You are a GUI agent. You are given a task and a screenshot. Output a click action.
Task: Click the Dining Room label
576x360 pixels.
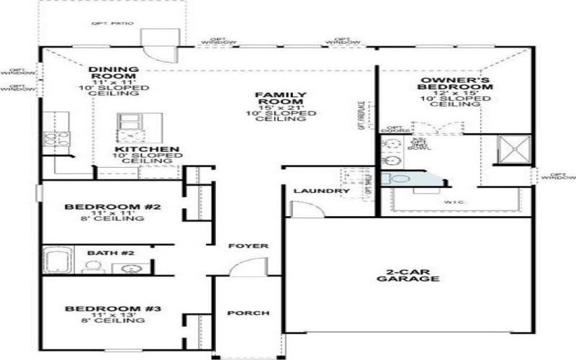[113, 73]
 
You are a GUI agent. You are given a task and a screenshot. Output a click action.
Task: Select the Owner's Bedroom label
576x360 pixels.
[456, 82]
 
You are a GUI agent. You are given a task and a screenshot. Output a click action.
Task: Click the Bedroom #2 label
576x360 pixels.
[112, 207]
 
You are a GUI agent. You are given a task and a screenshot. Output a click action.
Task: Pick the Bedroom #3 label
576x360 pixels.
[112, 310]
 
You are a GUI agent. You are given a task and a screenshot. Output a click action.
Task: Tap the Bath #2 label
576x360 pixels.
[110, 253]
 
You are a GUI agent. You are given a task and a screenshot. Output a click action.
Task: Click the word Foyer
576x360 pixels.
[248, 246]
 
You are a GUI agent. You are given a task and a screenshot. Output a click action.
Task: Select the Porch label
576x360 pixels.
[248, 313]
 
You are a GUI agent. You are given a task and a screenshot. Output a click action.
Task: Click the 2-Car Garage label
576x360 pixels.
[408, 274]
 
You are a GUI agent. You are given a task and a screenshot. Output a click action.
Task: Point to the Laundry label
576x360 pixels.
[322, 191]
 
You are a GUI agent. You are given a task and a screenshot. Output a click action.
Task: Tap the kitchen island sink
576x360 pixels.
[130, 120]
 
